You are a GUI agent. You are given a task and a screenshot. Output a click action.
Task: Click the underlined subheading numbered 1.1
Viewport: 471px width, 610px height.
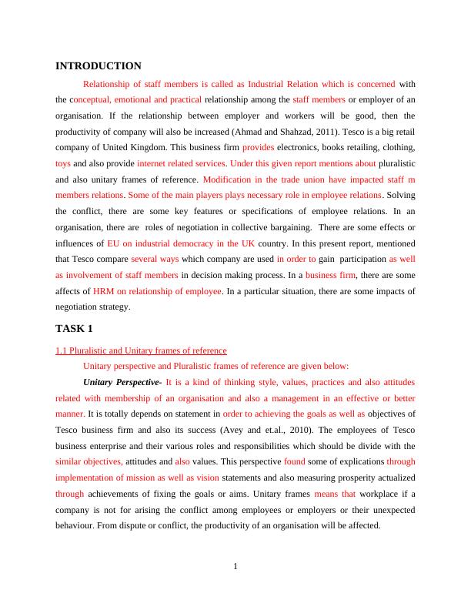tap(141, 351)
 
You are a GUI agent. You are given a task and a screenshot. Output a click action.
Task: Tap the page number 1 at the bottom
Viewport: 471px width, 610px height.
tap(235, 568)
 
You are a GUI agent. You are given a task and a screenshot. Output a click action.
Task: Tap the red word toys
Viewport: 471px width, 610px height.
tap(63, 163)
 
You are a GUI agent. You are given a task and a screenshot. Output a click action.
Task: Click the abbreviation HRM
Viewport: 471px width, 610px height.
tap(105, 291)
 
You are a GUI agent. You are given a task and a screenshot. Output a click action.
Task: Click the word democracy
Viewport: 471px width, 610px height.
tap(185, 243)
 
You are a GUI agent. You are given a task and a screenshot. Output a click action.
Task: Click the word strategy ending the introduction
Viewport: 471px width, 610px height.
tap(116, 307)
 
